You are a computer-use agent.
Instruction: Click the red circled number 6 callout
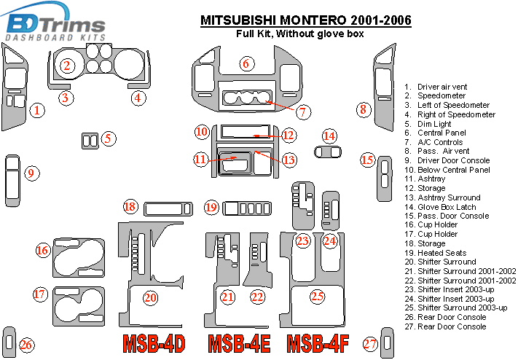click(246, 63)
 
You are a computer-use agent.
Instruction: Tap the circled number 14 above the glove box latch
click(329, 136)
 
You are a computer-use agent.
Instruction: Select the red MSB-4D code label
click(154, 344)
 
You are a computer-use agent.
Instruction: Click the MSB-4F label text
click(318, 344)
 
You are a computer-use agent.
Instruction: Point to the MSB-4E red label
click(239, 344)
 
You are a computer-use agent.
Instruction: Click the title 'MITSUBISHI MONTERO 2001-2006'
click(306, 20)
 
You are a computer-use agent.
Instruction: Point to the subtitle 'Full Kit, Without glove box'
click(300, 34)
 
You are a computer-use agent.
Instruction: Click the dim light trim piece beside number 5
click(90, 141)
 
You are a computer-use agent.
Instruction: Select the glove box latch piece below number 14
click(328, 152)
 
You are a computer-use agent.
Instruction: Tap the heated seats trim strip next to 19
click(247, 208)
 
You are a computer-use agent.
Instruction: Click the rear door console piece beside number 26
click(9, 343)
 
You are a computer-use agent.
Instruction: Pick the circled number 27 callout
click(370, 344)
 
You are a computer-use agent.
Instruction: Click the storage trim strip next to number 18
click(168, 209)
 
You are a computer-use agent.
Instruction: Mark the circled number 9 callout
click(31, 173)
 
